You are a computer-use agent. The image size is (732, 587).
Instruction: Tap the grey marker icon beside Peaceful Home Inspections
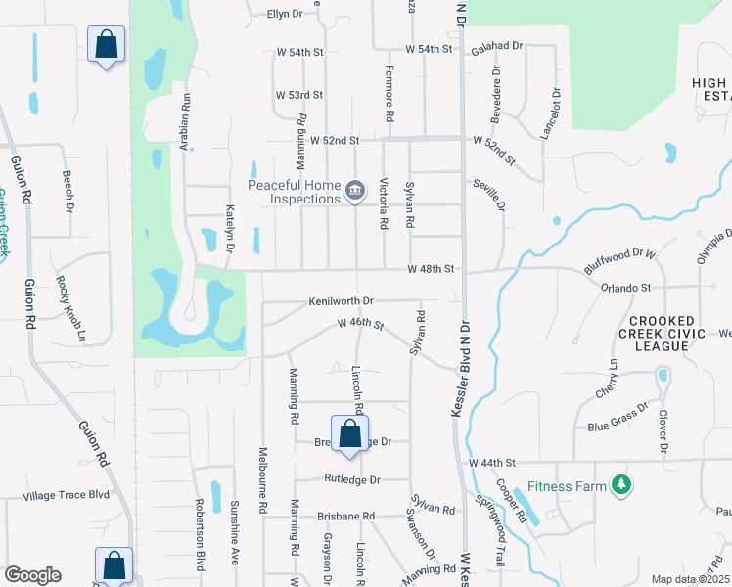click(x=355, y=191)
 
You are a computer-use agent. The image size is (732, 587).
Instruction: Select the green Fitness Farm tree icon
click(x=619, y=484)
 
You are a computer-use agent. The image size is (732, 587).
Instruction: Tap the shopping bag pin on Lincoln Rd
click(x=349, y=434)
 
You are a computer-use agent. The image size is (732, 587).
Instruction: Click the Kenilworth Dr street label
click(x=341, y=301)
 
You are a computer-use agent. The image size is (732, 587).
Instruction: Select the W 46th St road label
click(x=360, y=323)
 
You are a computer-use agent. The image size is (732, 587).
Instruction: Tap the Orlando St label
click(x=625, y=288)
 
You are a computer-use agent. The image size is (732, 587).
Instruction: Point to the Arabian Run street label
click(x=183, y=115)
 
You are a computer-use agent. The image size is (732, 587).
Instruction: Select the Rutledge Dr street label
click(x=351, y=480)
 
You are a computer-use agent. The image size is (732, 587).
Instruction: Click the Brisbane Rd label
click(x=345, y=516)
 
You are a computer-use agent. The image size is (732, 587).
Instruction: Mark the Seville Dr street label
click(x=498, y=190)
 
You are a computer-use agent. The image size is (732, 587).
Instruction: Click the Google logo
click(x=32, y=575)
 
